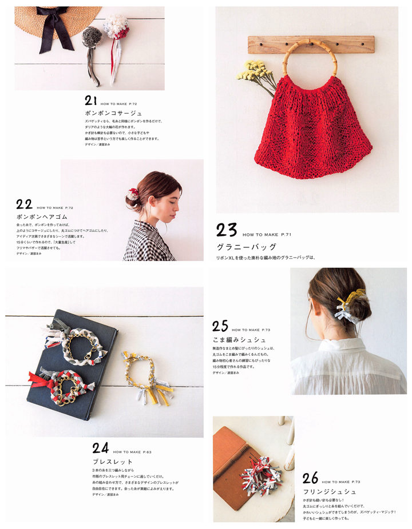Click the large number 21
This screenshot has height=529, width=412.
click(x=91, y=101)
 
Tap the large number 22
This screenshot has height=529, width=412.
click(x=23, y=204)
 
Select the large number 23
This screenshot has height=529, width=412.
click(x=227, y=230)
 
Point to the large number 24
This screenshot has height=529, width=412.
click(x=100, y=448)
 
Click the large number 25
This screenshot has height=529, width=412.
click(x=220, y=326)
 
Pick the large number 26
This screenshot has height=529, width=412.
click(x=311, y=478)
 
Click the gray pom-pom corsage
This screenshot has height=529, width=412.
click(x=92, y=37)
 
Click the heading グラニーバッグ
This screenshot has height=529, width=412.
click(x=246, y=247)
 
